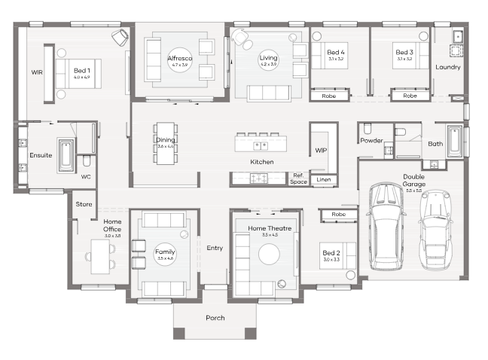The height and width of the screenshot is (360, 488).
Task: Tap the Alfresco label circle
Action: click(x=178, y=61)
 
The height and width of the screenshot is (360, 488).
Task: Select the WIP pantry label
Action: click(x=321, y=151)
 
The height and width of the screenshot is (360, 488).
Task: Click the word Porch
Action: click(x=215, y=318)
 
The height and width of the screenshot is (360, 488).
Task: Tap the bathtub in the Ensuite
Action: click(x=66, y=155)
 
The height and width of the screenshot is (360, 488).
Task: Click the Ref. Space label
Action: click(x=298, y=178)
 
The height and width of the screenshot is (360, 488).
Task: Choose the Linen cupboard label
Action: click(x=323, y=180)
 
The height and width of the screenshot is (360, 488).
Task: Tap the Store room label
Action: click(x=83, y=203)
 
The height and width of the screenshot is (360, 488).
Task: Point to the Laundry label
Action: click(x=447, y=67)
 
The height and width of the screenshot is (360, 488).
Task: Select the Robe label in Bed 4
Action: click(x=328, y=96)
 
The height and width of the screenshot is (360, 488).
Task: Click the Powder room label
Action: click(x=371, y=141)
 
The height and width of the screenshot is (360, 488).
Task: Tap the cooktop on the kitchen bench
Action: click(x=258, y=178)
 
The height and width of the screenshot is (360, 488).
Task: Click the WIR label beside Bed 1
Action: click(x=36, y=73)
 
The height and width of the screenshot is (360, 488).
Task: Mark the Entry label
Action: click(x=215, y=248)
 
